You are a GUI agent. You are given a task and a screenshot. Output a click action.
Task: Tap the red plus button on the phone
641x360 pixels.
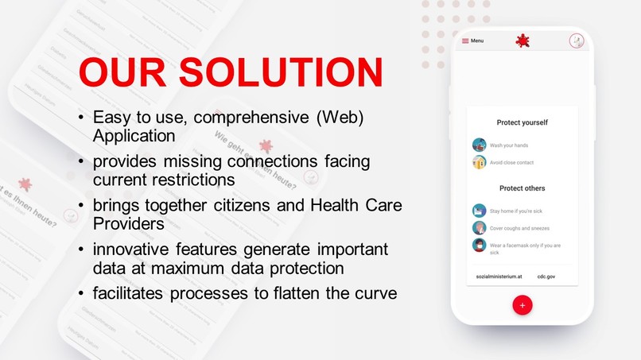[522, 305]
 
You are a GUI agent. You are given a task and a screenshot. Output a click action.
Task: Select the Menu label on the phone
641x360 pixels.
[476, 41]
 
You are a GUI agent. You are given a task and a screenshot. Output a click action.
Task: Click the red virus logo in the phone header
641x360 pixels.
[522, 41]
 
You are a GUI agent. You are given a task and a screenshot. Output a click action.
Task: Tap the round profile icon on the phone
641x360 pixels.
[577, 41]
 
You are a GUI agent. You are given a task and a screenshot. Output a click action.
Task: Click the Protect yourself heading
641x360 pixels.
[522, 122]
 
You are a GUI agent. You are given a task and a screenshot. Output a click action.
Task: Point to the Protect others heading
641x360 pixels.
[522, 188]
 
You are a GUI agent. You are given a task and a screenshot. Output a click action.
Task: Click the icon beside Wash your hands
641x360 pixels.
[479, 145]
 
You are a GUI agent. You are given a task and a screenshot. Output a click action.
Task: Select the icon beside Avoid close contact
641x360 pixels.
[479, 162]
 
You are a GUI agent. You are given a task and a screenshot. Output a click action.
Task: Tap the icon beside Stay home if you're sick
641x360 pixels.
[479, 211]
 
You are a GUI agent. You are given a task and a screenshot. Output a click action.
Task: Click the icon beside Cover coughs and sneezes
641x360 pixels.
[479, 227]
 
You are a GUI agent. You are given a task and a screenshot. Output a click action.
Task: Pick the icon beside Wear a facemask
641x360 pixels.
[479, 245]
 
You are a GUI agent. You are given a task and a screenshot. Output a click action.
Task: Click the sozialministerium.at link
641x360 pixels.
[499, 276]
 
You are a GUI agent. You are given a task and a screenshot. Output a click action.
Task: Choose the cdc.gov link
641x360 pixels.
[546, 276]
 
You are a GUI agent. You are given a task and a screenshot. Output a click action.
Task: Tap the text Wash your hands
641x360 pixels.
[508, 145]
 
